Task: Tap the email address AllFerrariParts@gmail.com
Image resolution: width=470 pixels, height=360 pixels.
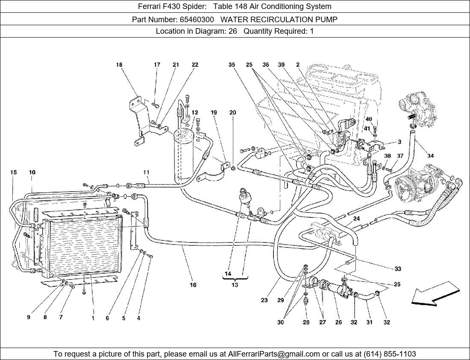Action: (274, 354)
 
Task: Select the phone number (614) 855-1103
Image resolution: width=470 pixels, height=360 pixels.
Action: (389, 354)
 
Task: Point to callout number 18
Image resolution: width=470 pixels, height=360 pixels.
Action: (119, 65)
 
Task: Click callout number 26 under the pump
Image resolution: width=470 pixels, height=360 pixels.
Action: (338, 322)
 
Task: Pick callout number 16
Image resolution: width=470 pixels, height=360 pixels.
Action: (193, 285)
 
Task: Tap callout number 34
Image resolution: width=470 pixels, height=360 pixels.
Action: (430, 156)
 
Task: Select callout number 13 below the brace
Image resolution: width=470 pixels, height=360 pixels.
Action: (235, 285)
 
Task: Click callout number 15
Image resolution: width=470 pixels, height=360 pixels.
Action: (13, 173)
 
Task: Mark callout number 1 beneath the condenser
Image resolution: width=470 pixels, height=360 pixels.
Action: (93, 318)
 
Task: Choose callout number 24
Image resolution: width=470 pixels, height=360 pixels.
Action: (356, 219)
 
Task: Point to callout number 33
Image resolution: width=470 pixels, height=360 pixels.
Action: (398, 269)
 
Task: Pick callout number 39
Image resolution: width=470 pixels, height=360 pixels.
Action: (281, 65)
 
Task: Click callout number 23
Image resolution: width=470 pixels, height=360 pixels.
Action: (264, 300)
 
